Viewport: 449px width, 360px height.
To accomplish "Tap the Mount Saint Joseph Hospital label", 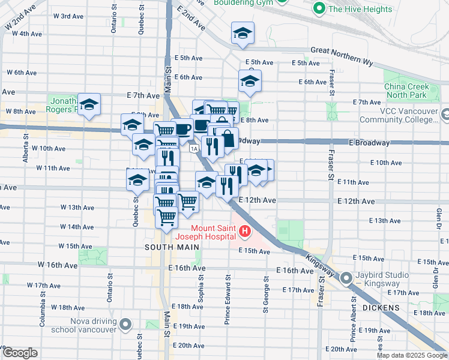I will coord(213,232).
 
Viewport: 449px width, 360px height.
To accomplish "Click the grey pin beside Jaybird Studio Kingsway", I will coord(346,278).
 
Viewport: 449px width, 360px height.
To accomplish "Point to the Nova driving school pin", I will coord(125,325).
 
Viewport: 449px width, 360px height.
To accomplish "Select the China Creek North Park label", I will coord(407,91).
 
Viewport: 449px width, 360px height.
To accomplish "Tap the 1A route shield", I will coord(193,148).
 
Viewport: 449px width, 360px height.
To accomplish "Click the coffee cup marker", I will coord(182,128).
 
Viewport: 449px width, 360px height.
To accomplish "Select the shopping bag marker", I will coord(228,139).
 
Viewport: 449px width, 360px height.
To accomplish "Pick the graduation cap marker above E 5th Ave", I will coord(243,33).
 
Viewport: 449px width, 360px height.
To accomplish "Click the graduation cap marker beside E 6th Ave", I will coord(250,81).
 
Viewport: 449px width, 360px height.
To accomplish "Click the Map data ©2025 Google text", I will coord(411,355).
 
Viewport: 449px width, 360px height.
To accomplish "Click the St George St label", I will coord(265,294).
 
